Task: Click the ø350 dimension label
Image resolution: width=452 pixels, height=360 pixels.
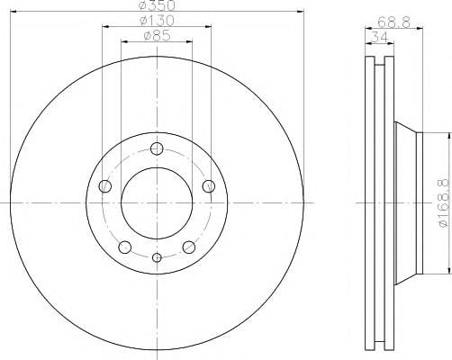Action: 158,5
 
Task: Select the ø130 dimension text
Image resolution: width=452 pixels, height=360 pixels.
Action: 158,21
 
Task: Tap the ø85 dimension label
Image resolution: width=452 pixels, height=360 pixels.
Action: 157,36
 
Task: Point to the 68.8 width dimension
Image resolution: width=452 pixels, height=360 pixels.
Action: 393,22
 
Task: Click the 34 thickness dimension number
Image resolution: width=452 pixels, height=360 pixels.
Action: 379,37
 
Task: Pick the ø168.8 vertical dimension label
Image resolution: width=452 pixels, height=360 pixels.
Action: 446,203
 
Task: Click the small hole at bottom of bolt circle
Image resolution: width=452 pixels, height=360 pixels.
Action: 157,257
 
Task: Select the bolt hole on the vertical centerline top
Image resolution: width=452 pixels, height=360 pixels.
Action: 157,148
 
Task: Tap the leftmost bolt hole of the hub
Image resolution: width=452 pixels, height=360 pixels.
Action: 104,186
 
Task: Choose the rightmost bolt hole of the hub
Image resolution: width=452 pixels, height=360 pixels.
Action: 209,186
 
